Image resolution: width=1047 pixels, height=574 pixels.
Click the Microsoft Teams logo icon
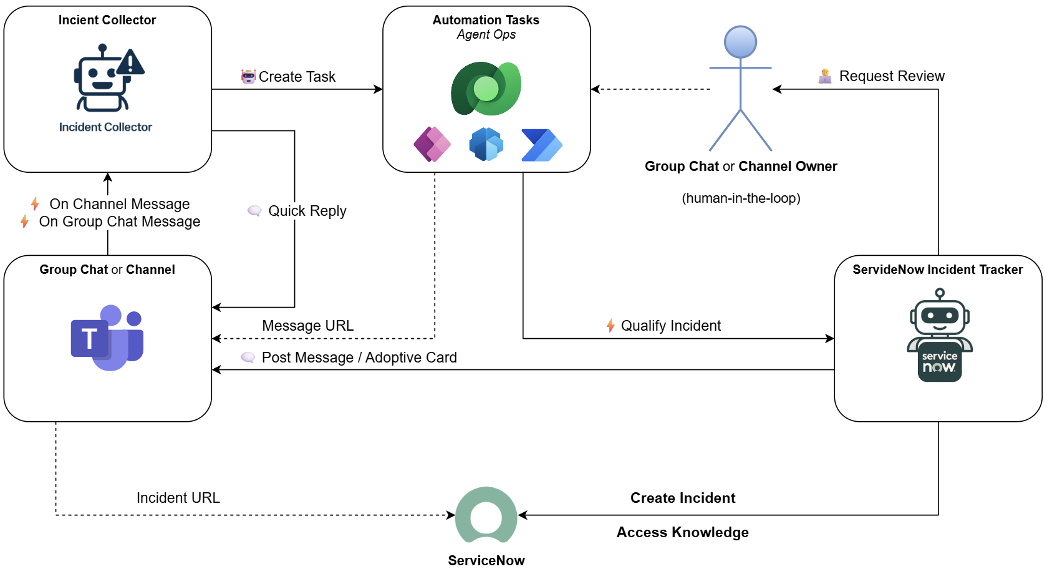pyautogui.click(x=107, y=338)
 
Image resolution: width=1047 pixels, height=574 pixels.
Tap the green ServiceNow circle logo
pyautogui.click(x=486, y=516)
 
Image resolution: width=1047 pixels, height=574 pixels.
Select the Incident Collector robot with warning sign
pyautogui.click(x=107, y=78)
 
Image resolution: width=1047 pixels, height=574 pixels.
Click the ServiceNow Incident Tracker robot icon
pyautogui.click(x=939, y=335)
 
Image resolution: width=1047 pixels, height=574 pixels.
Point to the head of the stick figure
pyautogui.click(x=740, y=42)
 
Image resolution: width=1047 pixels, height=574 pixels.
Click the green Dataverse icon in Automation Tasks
pyautogui.click(x=486, y=89)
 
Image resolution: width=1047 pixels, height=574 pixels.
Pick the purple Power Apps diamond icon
pyautogui.click(x=432, y=144)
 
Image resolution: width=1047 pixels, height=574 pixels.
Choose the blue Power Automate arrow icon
pyautogui.click(x=541, y=145)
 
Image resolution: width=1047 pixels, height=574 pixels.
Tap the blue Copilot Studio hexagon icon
pyautogui.click(x=486, y=144)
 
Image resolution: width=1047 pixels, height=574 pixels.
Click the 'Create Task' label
pyautogui.click(x=297, y=77)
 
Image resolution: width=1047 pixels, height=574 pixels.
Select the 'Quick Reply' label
pyautogui.click(x=307, y=211)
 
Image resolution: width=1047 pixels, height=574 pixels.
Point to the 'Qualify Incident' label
pyautogui.click(x=670, y=326)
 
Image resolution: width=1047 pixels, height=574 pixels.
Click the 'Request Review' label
pyautogui.click(x=891, y=76)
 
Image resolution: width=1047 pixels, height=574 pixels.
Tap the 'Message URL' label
pyautogui.click(x=307, y=326)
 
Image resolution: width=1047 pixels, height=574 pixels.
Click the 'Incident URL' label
pyautogui.click(x=178, y=498)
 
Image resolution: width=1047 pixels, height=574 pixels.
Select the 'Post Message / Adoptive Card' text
pyautogui.click(x=359, y=358)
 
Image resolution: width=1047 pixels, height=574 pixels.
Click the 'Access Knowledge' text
pyautogui.click(x=682, y=532)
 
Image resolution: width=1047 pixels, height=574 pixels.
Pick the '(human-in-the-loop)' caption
pyautogui.click(x=741, y=198)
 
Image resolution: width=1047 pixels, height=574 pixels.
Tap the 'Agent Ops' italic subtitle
pyautogui.click(x=486, y=35)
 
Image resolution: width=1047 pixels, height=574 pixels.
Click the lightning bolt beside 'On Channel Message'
pyautogui.click(x=35, y=204)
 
